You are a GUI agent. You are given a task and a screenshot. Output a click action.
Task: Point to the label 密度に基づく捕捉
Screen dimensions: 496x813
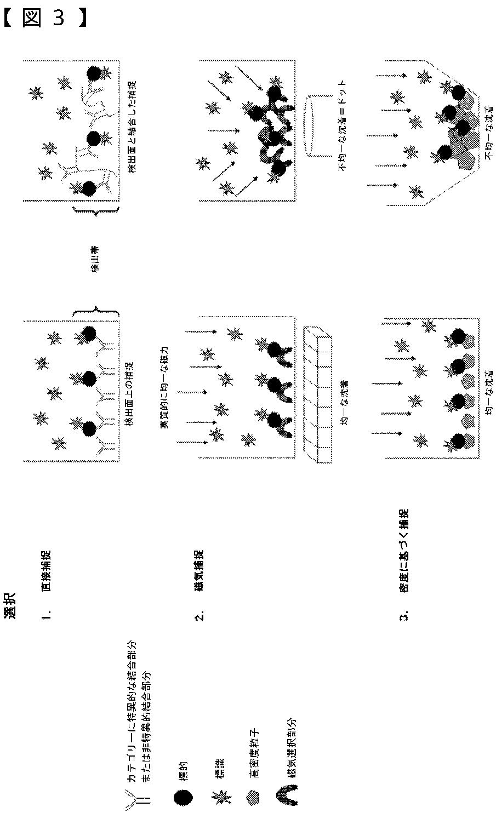[403, 551]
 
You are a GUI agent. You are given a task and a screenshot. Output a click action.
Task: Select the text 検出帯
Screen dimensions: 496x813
[94, 259]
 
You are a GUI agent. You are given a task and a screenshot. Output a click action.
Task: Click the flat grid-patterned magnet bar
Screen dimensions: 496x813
[317, 395]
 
